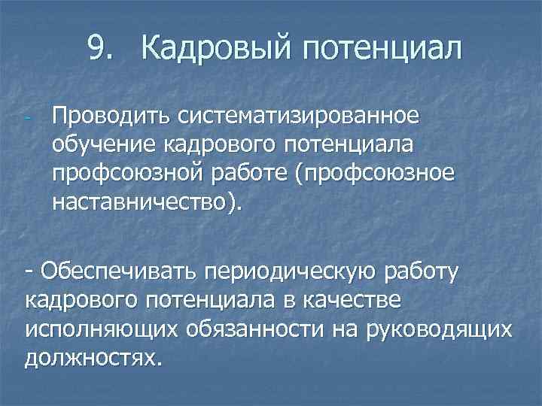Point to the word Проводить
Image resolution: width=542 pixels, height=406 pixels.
(111, 117)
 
